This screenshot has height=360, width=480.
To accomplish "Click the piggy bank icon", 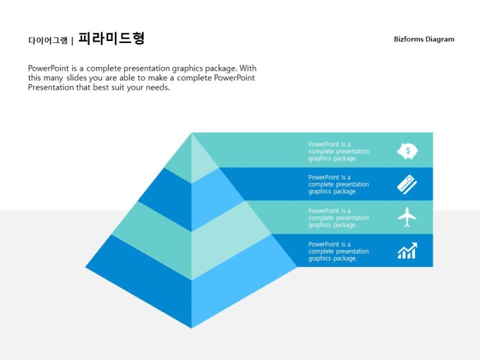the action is (x=407, y=151).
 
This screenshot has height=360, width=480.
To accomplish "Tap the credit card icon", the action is (x=407, y=184).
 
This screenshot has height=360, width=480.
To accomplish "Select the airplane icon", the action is (x=407, y=217).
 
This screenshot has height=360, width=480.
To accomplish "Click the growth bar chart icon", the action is (x=407, y=251).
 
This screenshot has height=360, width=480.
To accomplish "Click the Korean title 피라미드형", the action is (x=111, y=39).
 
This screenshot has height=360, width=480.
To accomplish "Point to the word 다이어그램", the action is (x=48, y=40).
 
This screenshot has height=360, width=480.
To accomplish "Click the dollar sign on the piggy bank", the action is (x=408, y=150).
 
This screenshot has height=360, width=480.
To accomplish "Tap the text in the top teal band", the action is (x=339, y=151).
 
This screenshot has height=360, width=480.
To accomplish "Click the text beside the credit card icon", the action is (x=339, y=184).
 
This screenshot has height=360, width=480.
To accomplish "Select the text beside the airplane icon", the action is (x=339, y=217).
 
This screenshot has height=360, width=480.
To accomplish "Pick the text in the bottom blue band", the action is (x=339, y=251).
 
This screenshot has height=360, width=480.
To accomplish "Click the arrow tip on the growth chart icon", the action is (x=415, y=244).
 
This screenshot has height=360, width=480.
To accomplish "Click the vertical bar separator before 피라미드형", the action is (x=72, y=41).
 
